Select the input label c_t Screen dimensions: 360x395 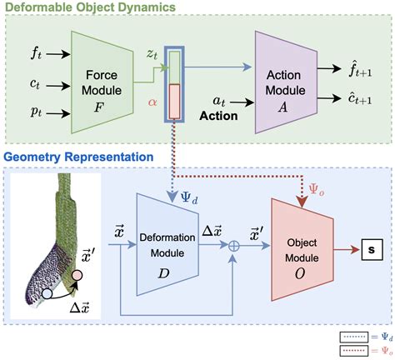click(x=35, y=81)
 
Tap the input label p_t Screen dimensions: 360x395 click(x=35, y=109)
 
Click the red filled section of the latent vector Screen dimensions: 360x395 click(x=174, y=102)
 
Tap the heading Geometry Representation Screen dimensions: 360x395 click(x=87, y=156)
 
